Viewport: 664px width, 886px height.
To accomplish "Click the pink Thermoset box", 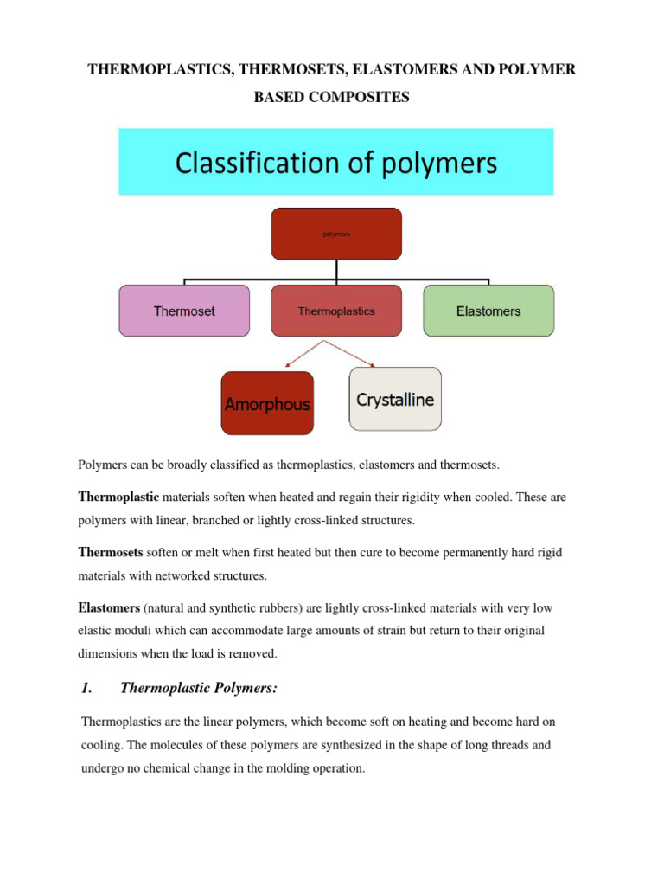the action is [x=184, y=311].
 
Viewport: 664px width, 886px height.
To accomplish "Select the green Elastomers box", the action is [x=488, y=311].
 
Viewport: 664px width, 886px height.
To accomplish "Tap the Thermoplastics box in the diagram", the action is [x=336, y=311].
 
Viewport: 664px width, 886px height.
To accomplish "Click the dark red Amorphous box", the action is [x=267, y=403].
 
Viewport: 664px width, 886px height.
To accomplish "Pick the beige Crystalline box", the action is [x=395, y=399].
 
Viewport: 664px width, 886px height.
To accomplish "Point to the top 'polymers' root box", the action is [x=336, y=234].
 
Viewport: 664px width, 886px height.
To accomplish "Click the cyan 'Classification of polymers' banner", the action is [x=336, y=163].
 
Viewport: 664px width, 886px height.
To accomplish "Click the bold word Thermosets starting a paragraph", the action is [x=112, y=552].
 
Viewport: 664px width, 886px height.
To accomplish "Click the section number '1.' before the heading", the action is [x=86, y=688].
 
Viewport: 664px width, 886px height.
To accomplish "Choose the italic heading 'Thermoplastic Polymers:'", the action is [x=199, y=688].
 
